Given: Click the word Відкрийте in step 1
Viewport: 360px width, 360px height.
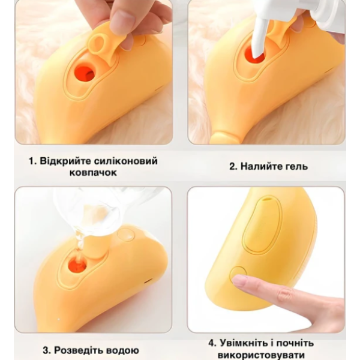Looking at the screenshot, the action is coord(65,161).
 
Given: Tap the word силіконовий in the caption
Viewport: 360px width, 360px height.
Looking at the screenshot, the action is coord(126,161).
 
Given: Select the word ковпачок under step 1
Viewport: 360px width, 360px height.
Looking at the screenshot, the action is coord(93,172).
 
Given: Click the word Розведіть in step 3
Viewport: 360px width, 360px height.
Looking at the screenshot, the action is coord(78,350).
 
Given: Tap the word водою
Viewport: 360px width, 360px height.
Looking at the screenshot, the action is coord(122,350).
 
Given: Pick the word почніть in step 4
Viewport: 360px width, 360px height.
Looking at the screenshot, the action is coord(295,344).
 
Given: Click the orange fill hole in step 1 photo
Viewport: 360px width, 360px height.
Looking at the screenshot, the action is coord(85,74).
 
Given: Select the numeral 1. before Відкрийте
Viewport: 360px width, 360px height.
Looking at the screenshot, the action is coord(33,161).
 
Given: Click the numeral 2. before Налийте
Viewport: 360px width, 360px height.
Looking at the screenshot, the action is coord(233,166).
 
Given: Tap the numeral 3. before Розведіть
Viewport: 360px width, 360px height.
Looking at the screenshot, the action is coord(47,351).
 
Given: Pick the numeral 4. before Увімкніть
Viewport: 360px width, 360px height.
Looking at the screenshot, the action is coord(212,343).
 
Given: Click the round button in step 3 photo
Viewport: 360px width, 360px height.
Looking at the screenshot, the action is coord(125,234).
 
